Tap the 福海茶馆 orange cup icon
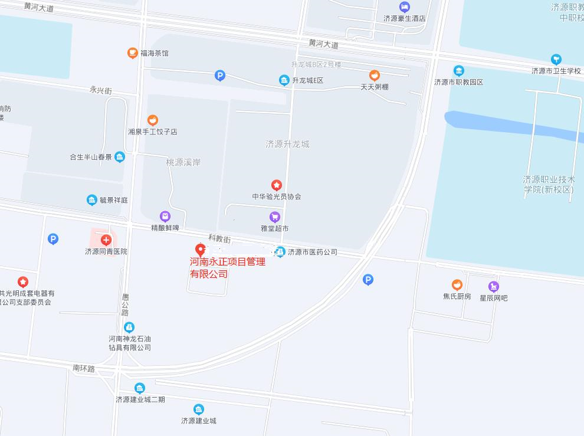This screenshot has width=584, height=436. [x=133, y=53]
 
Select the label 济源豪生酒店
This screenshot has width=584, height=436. [x=404, y=18]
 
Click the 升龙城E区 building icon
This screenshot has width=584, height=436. [x=284, y=80]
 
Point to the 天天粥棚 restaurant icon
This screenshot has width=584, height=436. [x=374, y=76]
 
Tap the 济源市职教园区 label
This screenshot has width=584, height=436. [x=458, y=82]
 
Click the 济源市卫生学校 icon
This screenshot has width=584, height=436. [x=556, y=60]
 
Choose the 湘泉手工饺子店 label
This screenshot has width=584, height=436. [x=153, y=132]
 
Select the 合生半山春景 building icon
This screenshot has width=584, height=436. [x=120, y=157]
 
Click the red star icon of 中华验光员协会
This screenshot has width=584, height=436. [x=276, y=185]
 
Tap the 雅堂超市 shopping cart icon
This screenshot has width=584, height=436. [x=274, y=217]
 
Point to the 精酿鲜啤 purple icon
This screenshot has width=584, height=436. [x=165, y=217]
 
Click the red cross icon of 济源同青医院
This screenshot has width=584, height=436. [x=106, y=240]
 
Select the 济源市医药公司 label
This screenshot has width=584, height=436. [x=312, y=252]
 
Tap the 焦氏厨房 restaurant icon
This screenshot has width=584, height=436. [x=457, y=285]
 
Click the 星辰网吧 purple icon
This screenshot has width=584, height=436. [x=493, y=287]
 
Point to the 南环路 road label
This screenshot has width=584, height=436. [x=84, y=368]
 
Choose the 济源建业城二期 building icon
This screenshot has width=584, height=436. [x=140, y=388]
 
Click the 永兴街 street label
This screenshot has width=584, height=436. [x=100, y=90]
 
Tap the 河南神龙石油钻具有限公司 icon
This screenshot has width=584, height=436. [x=129, y=327]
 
